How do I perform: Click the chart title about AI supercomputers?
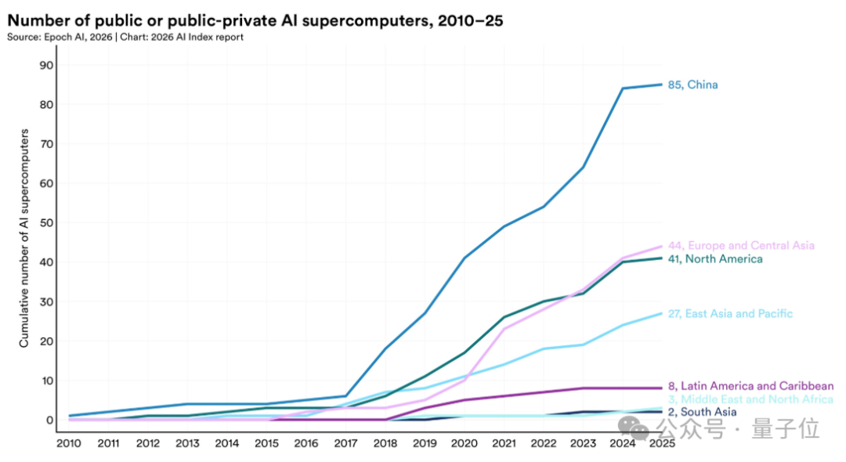pos(255,21)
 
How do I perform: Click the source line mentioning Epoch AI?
pos(125,38)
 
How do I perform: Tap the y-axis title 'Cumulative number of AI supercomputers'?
pos(24,239)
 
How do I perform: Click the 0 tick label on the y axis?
pos(49,420)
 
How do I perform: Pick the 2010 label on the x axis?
pos(70,443)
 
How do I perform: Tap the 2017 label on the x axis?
pos(345,443)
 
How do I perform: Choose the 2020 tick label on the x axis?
pos(464,443)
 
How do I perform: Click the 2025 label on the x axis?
pos(661,443)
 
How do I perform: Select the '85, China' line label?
pos(692,85)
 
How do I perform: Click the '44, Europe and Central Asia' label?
pos(741,246)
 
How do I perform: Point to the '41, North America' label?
pos(714,258)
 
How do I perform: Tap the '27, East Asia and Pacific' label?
pos(730,314)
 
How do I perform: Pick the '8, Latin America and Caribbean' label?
pos(750,386)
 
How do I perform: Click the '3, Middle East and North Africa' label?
pos(750,399)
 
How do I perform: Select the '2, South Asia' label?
pos(702,412)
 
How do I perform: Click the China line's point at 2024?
pos(622,88)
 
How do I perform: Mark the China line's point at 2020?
pos(464,258)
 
